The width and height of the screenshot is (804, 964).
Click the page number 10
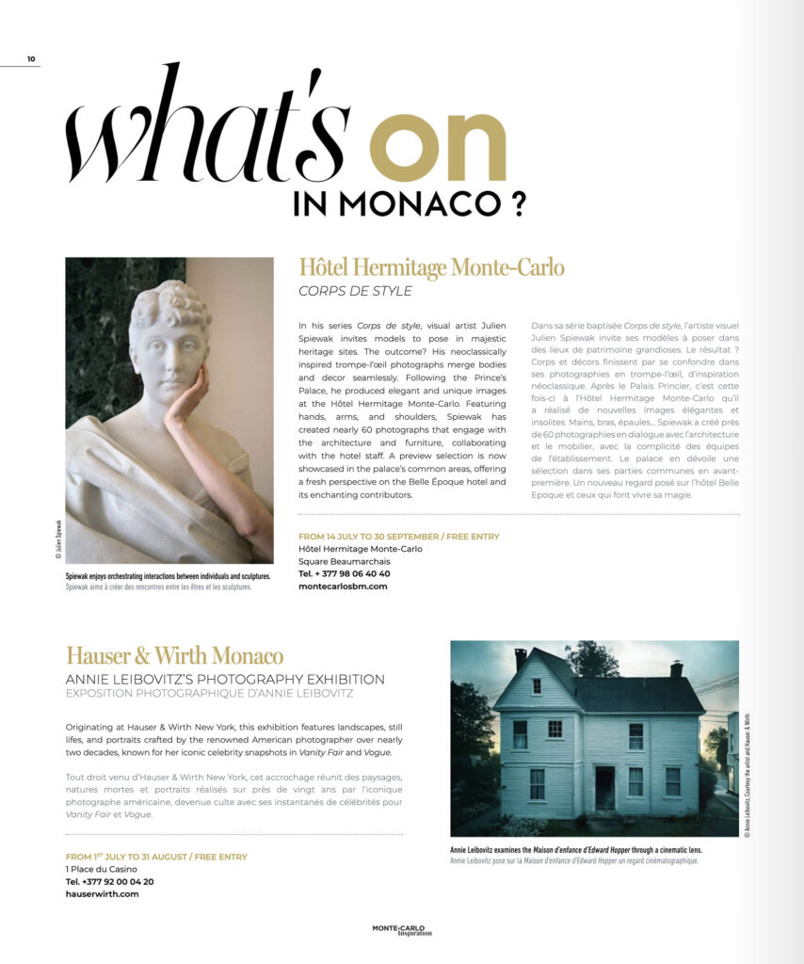(31, 59)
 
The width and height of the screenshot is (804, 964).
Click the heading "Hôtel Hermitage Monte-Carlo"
(431, 268)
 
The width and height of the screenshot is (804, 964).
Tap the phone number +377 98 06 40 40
(344, 573)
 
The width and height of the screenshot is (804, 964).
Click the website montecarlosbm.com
(342, 586)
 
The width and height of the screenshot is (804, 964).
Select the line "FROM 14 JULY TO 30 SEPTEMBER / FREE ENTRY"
(398, 537)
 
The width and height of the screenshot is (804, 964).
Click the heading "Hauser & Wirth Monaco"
(174, 655)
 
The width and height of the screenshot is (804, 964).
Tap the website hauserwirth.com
(102, 894)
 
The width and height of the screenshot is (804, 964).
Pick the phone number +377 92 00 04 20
(109, 881)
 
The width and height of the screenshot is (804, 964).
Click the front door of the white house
(604, 787)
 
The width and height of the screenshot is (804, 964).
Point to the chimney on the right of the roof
(676, 668)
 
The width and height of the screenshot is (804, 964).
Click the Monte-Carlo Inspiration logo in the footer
(402, 930)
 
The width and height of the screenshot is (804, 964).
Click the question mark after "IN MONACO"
(515, 203)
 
